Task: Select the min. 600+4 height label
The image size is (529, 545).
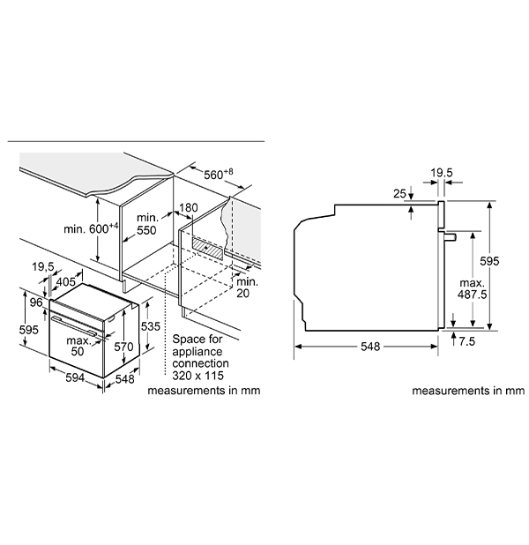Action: [x=91, y=229]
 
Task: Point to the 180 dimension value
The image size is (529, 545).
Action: [x=188, y=209]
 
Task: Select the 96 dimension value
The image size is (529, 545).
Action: [x=37, y=302]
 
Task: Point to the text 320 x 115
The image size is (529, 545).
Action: [x=200, y=374]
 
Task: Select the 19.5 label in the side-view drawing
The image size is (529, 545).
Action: [x=442, y=174]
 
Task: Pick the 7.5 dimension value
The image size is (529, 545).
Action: [x=467, y=340]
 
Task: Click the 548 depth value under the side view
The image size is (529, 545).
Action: [x=369, y=347]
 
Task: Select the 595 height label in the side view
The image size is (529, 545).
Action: [x=490, y=261]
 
